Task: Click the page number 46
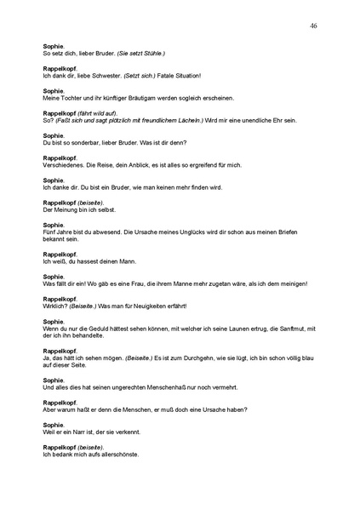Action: point(314,26)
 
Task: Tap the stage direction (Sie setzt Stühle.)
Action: point(140,54)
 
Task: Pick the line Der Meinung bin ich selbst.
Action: point(78,209)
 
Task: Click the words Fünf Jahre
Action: point(58,232)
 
